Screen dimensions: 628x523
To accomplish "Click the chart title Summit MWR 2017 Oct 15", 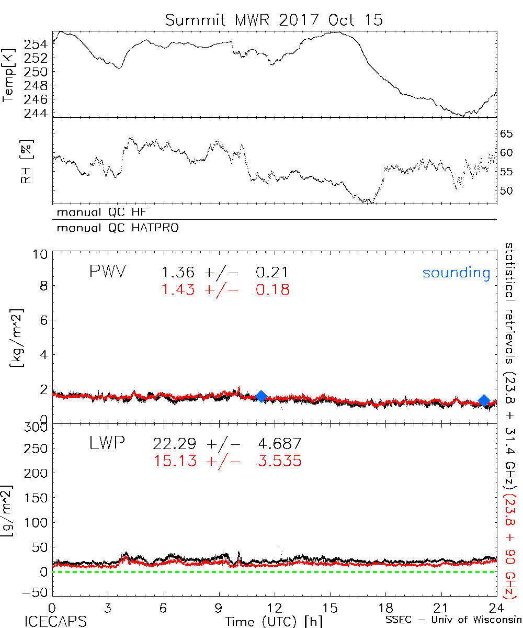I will point(274,20).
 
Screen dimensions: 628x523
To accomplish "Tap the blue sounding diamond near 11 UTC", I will point(261,397).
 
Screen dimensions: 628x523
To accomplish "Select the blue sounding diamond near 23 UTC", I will point(484,401).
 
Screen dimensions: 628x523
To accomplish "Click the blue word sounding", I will point(456,273).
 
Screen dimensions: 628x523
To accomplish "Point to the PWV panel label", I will point(109,272).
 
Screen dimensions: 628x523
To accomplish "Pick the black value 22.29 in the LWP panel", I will point(175,444).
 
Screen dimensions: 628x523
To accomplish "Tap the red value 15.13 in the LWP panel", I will point(175,461).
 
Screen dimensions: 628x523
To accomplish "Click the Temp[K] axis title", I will point(9,74).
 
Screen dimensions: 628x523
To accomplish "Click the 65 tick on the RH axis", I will point(506,134).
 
